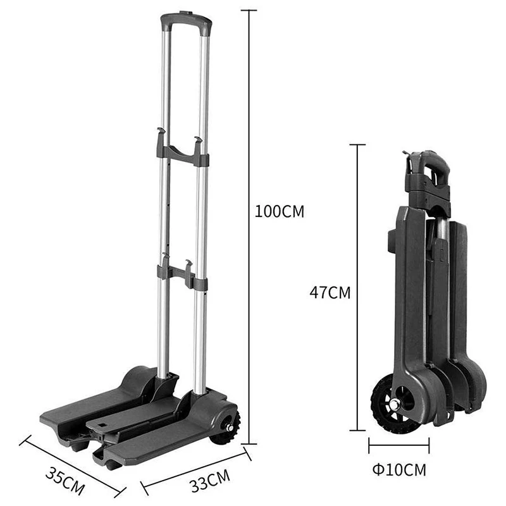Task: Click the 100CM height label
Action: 280,212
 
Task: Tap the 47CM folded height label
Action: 330,293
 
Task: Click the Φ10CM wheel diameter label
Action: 399,469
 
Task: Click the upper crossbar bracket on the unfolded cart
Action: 183,152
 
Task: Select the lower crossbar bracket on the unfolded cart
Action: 182,273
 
